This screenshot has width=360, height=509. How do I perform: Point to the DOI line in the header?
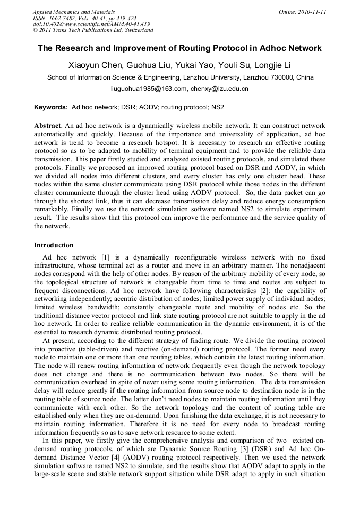pos(91,24)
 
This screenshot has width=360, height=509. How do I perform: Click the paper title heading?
pos(179,48)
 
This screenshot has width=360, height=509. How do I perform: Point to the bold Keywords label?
pos(50,107)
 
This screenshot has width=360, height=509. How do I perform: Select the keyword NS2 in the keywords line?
pos(218,107)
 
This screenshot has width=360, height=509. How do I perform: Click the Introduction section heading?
pos(54,245)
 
